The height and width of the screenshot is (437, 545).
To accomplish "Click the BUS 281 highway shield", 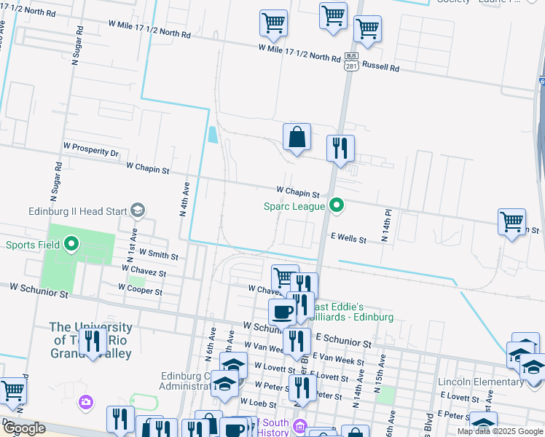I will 351,63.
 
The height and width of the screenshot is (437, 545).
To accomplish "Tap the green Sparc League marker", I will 336,206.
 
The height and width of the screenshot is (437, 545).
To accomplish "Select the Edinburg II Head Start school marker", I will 136,210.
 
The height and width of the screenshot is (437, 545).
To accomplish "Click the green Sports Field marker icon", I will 71,244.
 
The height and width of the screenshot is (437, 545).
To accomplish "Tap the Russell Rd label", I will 381,68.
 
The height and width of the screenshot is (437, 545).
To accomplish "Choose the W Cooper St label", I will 141,290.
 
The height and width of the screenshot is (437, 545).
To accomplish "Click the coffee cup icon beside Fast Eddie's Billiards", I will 282,312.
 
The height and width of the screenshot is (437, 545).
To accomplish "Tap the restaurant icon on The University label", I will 93,342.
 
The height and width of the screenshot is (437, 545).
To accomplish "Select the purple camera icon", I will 87,401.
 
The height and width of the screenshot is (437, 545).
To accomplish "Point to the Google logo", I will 24,428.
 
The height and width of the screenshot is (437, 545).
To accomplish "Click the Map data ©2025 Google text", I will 499,431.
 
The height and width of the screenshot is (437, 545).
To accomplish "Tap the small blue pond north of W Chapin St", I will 212,135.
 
